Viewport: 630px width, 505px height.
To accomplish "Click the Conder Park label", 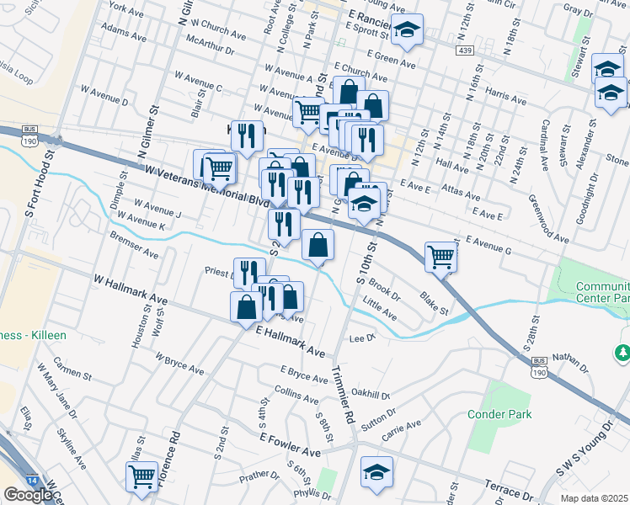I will click(x=500, y=414).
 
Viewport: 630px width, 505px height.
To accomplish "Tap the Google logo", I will click(x=28, y=495).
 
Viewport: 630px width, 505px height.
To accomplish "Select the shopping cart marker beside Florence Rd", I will click(x=142, y=475).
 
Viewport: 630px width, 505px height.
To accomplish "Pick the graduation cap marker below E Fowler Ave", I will click(x=376, y=471).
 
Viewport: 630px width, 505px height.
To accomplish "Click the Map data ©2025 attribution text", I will click(x=595, y=498).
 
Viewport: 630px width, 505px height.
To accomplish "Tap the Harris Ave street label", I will click(x=505, y=93).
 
